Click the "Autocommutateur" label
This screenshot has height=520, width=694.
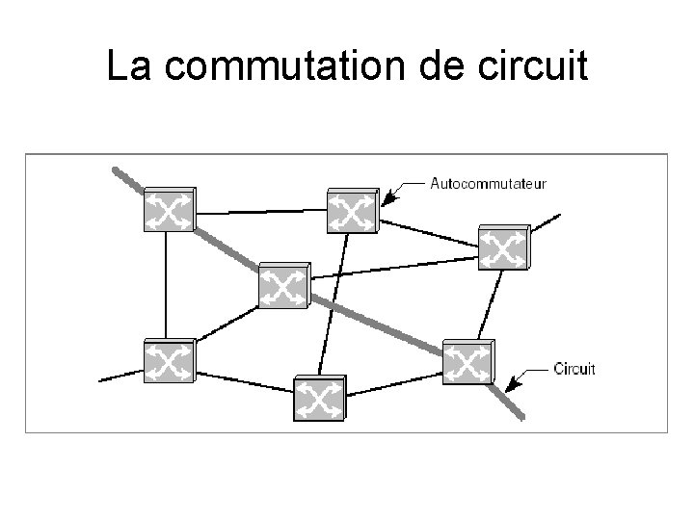(x=491, y=181)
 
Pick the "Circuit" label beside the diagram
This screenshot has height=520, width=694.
(x=575, y=368)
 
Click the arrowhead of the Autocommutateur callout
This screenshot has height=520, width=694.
(x=387, y=200)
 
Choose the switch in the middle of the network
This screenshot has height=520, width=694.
(x=283, y=285)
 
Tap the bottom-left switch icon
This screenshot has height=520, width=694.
(x=168, y=361)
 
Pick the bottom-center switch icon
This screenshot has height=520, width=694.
(x=318, y=396)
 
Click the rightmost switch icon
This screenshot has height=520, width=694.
(x=502, y=247)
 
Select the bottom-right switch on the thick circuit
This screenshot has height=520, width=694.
(x=467, y=362)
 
